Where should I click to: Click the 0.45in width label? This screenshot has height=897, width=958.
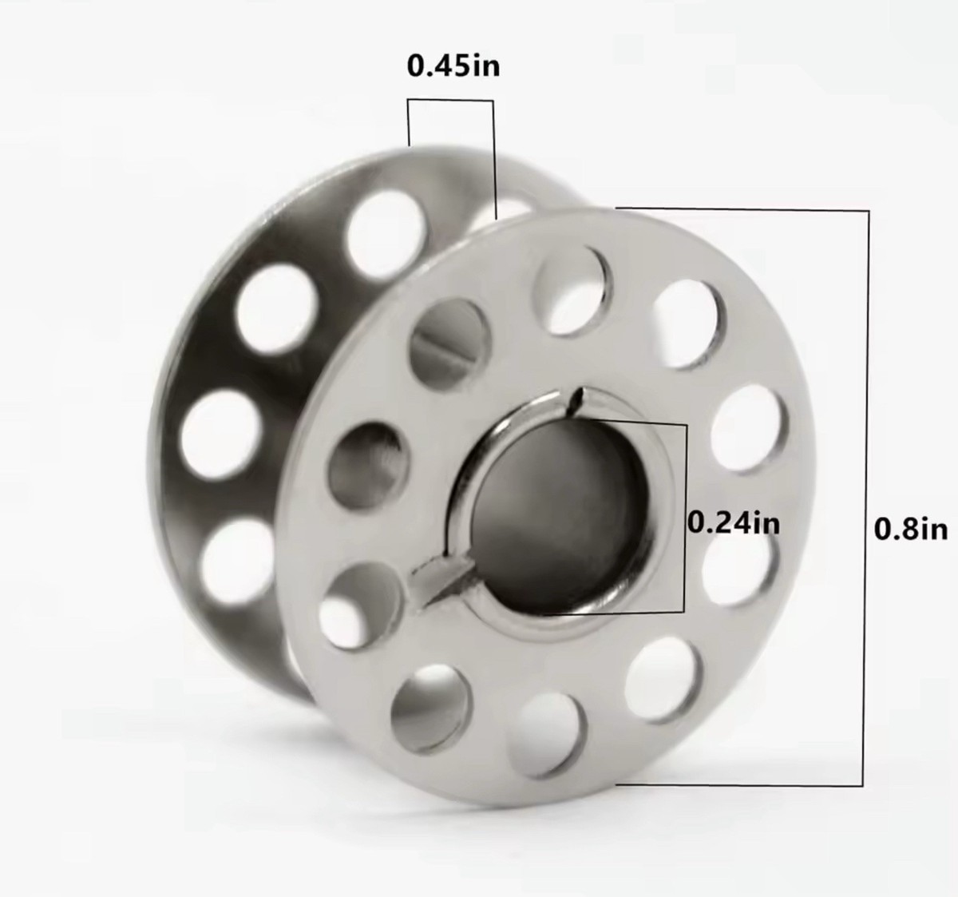coord(453,66)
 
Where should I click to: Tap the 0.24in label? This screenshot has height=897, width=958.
coord(733,522)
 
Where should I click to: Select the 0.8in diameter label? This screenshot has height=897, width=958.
coord(911,529)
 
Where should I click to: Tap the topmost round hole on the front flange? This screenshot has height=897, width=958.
coord(574,291)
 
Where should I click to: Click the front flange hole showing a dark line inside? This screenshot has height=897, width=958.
coord(449,343)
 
